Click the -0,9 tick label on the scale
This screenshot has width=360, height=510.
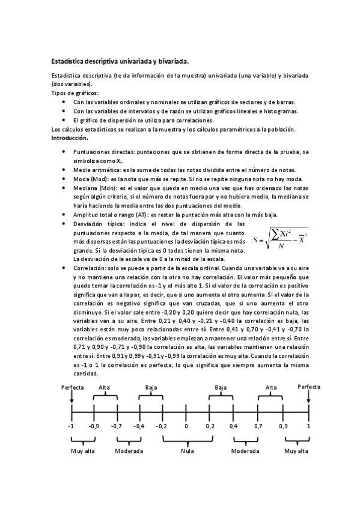(94, 426)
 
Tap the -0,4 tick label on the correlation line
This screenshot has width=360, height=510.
(139, 426)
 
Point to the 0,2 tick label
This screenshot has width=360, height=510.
(210, 426)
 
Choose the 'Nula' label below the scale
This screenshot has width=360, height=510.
(186, 450)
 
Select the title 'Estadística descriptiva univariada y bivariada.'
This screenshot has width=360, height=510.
(120, 61)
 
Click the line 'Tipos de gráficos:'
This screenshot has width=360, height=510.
(75, 93)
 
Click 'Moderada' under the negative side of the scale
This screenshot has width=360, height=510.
(129, 450)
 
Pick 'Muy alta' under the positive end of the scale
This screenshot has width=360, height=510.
(296, 450)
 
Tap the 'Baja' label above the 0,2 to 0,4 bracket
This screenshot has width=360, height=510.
(221, 387)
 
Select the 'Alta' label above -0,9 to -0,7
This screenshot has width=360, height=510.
(105, 387)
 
